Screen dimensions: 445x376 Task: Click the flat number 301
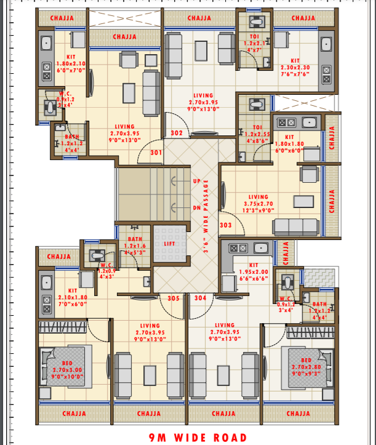[x=156, y=153]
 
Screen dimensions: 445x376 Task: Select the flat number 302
[x=177, y=132]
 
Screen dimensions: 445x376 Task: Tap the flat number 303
[x=226, y=225]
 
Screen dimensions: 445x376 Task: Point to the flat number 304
[x=200, y=298]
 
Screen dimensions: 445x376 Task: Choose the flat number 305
[x=174, y=298]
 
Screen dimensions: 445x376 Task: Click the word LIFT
[x=169, y=244]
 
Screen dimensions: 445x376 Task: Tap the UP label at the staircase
[x=196, y=182]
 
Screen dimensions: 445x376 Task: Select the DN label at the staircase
[x=196, y=208]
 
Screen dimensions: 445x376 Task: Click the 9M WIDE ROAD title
[x=193, y=438]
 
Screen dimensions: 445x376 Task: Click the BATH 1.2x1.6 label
[x=135, y=245]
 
